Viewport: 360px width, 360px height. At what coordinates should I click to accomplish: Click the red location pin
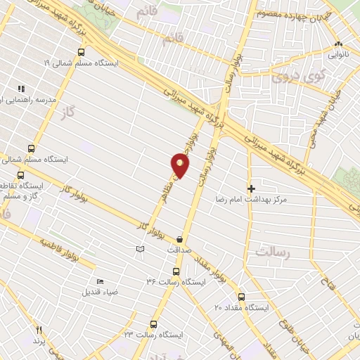point(180,166)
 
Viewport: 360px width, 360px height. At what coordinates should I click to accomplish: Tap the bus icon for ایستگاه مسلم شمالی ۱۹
point(82,52)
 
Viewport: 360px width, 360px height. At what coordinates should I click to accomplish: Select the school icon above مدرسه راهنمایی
point(21,89)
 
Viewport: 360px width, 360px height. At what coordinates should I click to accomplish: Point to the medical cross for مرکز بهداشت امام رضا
point(251,188)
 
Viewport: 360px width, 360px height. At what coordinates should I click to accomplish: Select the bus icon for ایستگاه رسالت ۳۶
point(176,271)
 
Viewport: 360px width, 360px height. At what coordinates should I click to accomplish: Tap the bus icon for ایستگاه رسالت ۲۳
point(153,324)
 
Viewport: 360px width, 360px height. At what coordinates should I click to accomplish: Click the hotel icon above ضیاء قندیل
point(100,281)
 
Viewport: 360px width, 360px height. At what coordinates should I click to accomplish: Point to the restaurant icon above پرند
point(39,330)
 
